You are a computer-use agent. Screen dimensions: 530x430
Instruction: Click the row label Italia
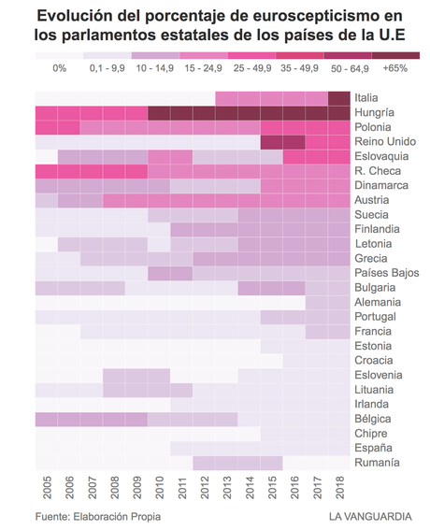(x=371, y=98)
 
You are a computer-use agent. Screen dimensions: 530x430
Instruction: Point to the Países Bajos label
(x=387, y=273)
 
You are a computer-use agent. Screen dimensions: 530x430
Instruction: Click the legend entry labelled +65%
(x=395, y=68)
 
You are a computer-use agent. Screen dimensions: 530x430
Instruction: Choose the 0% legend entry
(x=60, y=68)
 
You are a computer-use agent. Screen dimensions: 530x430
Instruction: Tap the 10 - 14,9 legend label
(x=154, y=68)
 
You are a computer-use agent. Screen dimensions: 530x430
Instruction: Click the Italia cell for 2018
(x=339, y=98)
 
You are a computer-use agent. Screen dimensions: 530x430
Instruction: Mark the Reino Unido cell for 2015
(x=271, y=142)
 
